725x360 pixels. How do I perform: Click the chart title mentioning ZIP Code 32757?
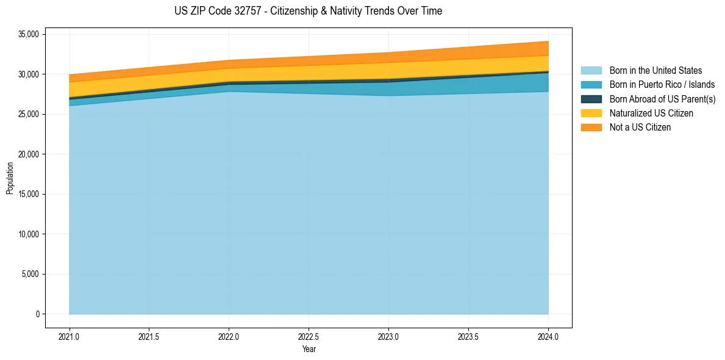click(308, 11)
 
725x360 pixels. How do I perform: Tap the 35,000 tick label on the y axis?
click(29, 34)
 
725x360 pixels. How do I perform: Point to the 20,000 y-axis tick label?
click(29, 154)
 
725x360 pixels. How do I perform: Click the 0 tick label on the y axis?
click(37, 314)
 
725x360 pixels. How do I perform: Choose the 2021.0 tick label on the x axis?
click(69, 336)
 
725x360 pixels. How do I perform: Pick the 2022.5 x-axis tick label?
click(309, 336)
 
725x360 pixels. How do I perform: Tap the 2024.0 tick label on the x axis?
click(548, 336)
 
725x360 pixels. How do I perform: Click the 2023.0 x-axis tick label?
click(388, 336)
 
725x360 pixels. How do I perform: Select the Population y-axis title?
click(10, 178)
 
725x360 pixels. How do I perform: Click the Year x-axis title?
click(309, 349)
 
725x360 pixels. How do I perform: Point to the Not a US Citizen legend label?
click(640, 128)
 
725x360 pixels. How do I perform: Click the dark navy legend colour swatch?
click(591, 99)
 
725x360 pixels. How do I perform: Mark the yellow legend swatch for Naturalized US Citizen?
click(591, 113)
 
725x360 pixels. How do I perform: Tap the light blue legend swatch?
click(591, 71)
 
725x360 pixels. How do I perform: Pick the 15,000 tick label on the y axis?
click(29, 194)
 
